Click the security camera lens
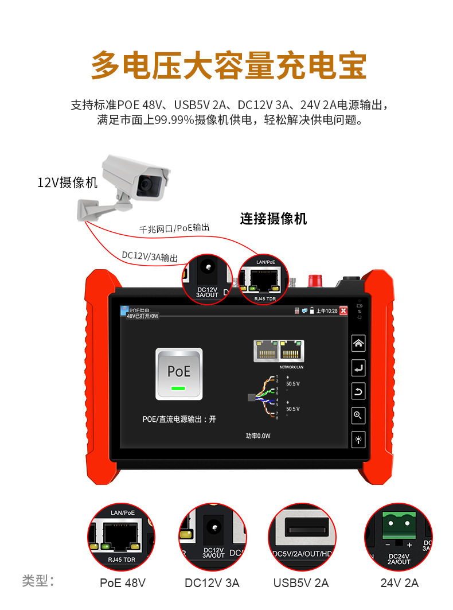tap(150, 184)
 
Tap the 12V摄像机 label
tap(67, 183)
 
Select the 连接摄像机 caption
tap(274, 219)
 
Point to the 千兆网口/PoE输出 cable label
tap(174, 228)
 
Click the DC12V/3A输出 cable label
tap(150, 256)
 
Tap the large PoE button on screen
tap(179, 374)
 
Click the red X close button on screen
tap(343, 310)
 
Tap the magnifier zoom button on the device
tap(358, 416)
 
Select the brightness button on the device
tap(358, 440)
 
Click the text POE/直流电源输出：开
tap(179, 419)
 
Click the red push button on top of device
tap(314, 281)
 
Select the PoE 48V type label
tap(123, 583)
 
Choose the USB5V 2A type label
tap(301, 583)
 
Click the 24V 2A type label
tap(400, 583)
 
